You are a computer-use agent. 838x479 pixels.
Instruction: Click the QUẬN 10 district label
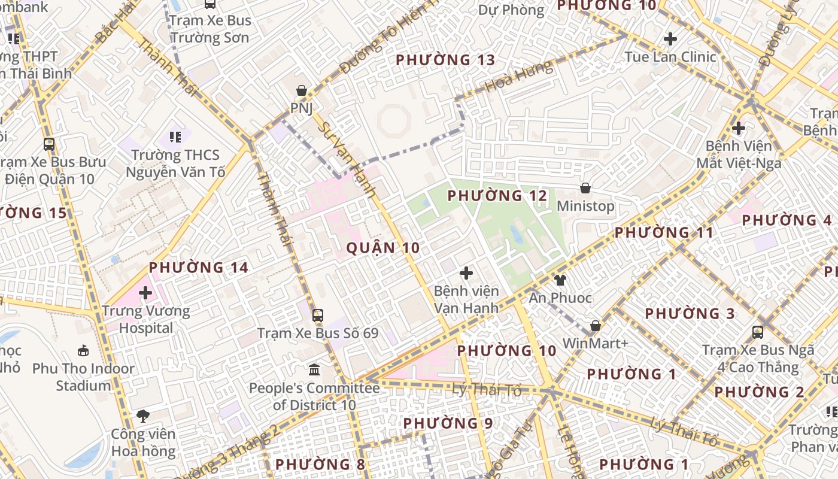point(383,248)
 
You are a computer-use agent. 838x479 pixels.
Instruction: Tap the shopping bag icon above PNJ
point(302,91)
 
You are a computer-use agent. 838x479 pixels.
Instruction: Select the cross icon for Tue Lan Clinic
point(670,40)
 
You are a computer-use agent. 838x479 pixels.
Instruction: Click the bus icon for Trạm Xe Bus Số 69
point(317,315)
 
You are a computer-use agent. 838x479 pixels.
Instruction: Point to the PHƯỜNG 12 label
point(497,196)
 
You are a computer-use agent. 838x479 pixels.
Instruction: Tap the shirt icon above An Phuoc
point(560,280)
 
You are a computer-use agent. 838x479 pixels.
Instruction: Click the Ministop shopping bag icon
point(585,188)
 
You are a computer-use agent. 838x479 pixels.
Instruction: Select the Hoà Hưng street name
point(519,76)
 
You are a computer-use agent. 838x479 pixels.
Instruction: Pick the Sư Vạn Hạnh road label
point(347,160)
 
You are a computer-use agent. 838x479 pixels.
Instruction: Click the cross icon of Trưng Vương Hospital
point(145,293)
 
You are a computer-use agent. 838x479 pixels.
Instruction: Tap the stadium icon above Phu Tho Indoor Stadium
point(83,350)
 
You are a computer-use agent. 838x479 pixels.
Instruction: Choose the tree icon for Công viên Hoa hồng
point(142,416)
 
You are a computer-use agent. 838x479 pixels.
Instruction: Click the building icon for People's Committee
point(314,369)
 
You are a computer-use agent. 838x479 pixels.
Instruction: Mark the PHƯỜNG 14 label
point(198,268)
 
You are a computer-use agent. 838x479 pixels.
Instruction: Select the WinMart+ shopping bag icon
point(595,326)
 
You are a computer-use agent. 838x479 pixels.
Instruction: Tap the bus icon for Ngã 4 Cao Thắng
point(758,332)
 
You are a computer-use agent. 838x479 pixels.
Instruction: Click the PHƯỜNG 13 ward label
point(445,60)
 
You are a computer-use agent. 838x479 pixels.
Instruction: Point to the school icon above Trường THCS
point(175,137)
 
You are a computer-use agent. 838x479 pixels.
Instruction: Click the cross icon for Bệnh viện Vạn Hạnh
point(466,274)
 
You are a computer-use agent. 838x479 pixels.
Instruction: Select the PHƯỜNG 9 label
point(448,423)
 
